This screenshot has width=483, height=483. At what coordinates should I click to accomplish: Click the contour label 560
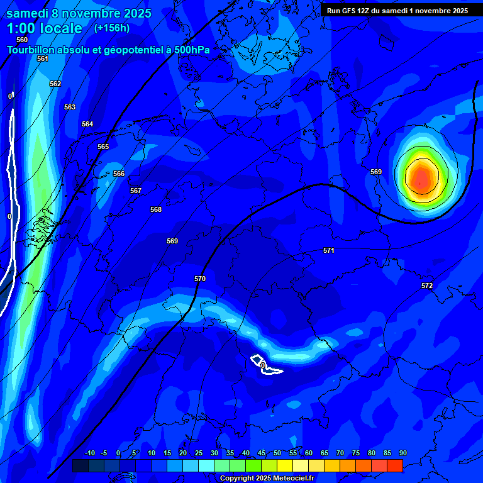point(22,40)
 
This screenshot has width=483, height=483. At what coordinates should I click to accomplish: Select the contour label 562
point(55,84)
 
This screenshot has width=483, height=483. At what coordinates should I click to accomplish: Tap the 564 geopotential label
point(87,124)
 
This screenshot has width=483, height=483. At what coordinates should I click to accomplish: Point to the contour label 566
point(119,174)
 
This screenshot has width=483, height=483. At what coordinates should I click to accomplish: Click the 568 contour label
point(156,209)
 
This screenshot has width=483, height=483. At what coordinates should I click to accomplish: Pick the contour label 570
point(200,279)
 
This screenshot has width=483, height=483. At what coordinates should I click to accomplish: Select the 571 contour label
point(329,250)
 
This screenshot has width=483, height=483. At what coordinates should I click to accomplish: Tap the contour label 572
point(427,286)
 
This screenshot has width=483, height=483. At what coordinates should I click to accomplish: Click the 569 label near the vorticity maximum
point(376,172)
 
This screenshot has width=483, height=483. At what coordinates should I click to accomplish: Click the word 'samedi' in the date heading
point(28,13)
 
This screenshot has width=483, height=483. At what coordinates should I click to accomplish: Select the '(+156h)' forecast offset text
point(112,28)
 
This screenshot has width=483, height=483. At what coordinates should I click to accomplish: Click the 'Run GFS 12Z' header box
point(397,11)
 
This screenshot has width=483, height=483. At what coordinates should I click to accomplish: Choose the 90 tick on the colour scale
point(402,453)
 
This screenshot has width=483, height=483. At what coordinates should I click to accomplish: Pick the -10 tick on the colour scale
point(90,453)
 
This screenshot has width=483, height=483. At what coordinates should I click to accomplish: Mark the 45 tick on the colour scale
point(262,453)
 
